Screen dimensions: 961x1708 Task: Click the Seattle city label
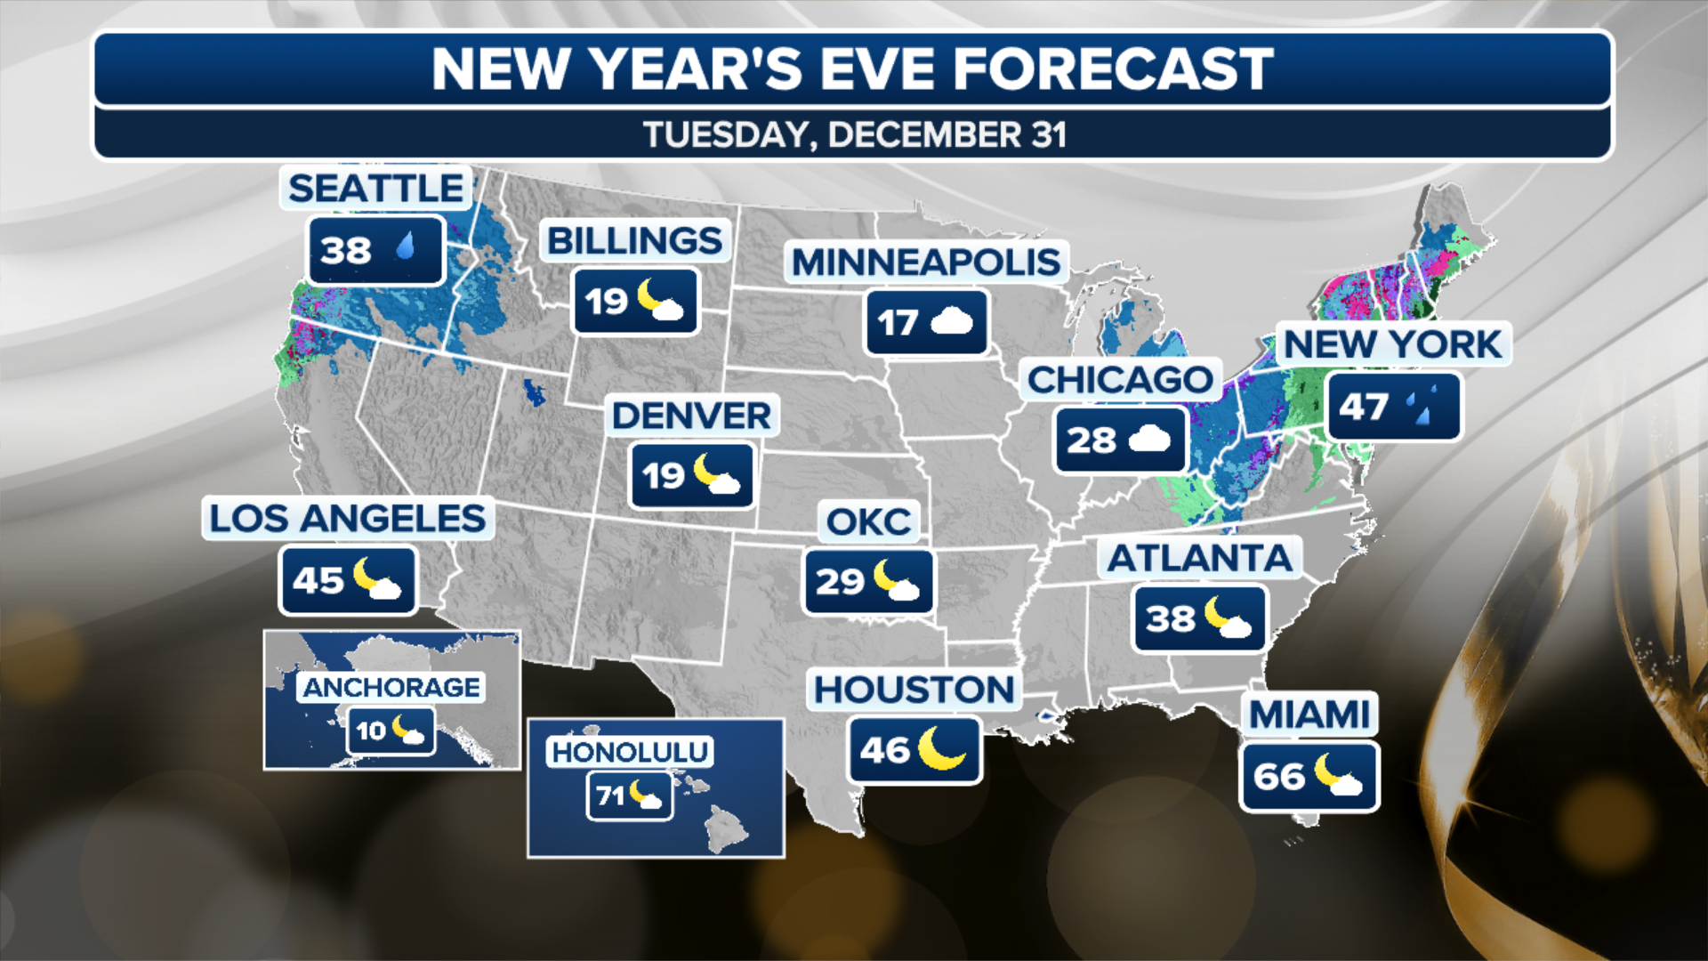point(375,189)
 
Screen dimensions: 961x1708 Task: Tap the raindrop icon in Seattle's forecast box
point(406,246)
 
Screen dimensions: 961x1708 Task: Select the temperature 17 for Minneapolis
point(897,323)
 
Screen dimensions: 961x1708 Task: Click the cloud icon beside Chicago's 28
point(1149,439)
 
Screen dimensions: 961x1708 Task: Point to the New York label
point(1393,344)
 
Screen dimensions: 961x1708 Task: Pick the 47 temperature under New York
point(1363,408)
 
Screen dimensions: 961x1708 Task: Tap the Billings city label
point(634,240)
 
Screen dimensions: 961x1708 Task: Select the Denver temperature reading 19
point(664,476)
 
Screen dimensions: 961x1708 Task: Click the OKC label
point(868,521)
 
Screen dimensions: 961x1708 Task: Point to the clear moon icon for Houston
point(940,747)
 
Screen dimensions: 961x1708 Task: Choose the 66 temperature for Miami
point(1279,777)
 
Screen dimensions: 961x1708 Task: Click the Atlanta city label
point(1199,558)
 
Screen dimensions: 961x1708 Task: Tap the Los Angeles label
point(348,518)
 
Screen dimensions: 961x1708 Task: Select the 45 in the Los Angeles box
point(318,581)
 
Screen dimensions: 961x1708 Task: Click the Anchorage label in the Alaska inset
point(391,687)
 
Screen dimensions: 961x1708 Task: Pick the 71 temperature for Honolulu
point(610,795)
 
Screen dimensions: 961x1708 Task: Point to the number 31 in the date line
point(1049,135)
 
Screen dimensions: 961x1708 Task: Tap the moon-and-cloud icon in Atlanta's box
point(1229,618)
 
